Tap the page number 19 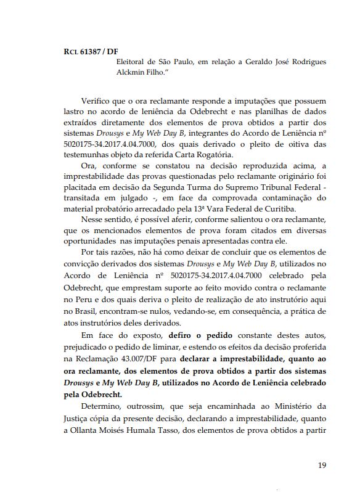pyautogui.click(x=321, y=465)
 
